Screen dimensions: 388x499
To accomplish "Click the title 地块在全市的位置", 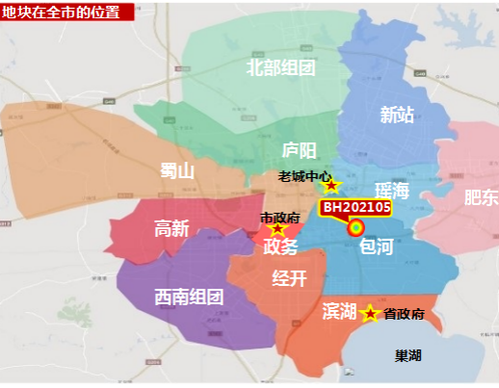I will [x=60, y=12].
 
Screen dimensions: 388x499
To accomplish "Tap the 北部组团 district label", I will [x=281, y=67].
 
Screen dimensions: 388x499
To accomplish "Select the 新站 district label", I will [x=397, y=116].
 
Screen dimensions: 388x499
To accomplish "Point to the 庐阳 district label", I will [x=299, y=150].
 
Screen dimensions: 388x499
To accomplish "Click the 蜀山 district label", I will [x=177, y=171].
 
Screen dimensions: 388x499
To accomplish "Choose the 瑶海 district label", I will [x=392, y=191].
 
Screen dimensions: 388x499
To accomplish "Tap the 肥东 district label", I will [x=481, y=197].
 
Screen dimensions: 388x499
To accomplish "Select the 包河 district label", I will [x=376, y=247].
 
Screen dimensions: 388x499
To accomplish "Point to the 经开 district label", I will [x=289, y=279].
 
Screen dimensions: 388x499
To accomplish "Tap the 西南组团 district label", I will [x=189, y=297].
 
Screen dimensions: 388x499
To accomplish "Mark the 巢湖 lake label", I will [x=408, y=355].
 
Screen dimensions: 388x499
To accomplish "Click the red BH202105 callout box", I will [x=356, y=207].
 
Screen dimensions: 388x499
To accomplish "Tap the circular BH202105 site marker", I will [x=355, y=228].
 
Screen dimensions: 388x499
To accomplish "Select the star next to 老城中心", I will [x=331, y=185].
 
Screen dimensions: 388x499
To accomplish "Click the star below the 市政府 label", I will [x=278, y=229].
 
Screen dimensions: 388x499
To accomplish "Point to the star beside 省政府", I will [x=369, y=313].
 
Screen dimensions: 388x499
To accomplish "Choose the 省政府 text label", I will [x=404, y=314].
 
